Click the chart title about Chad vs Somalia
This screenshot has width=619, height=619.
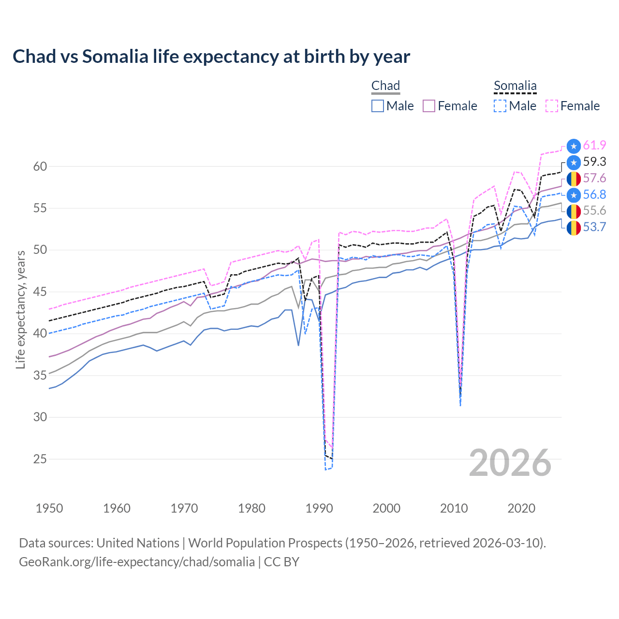(x=211, y=57)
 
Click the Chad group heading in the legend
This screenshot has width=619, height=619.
(x=385, y=86)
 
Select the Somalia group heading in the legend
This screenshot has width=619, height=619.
(x=515, y=86)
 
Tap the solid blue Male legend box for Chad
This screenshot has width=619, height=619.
(x=378, y=106)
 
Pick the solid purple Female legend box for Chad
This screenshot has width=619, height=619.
(x=429, y=106)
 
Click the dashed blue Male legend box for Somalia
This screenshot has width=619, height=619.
(x=500, y=106)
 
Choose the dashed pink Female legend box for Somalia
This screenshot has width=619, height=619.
(x=552, y=106)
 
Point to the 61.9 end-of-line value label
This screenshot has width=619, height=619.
(x=594, y=145)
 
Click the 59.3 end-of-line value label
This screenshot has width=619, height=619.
(x=594, y=162)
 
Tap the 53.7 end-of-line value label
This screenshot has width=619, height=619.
(x=594, y=227)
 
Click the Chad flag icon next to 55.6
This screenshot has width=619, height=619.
(x=574, y=211)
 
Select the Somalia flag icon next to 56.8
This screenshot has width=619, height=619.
(x=574, y=195)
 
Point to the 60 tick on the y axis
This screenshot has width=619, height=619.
(x=40, y=166)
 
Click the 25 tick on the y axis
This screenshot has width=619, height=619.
(x=40, y=458)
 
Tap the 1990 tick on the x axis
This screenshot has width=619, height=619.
(x=319, y=508)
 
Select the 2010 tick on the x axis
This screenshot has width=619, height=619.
(x=454, y=508)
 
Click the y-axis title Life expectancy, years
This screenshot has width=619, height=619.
(x=20, y=309)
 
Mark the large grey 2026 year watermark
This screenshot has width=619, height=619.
(x=510, y=463)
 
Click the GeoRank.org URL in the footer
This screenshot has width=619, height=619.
(x=137, y=562)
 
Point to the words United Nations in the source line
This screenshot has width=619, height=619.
(x=138, y=543)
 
